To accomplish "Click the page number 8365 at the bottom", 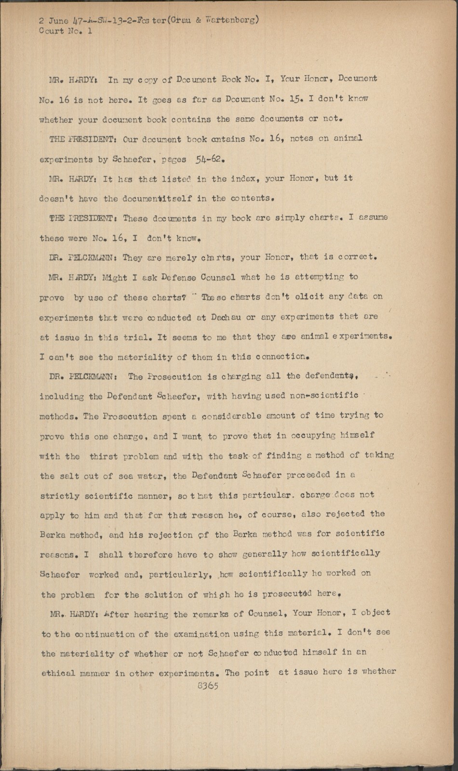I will (x=208, y=686).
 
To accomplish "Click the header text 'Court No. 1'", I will (x=66, y=31).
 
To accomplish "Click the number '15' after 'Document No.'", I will (x=295, y=99).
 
